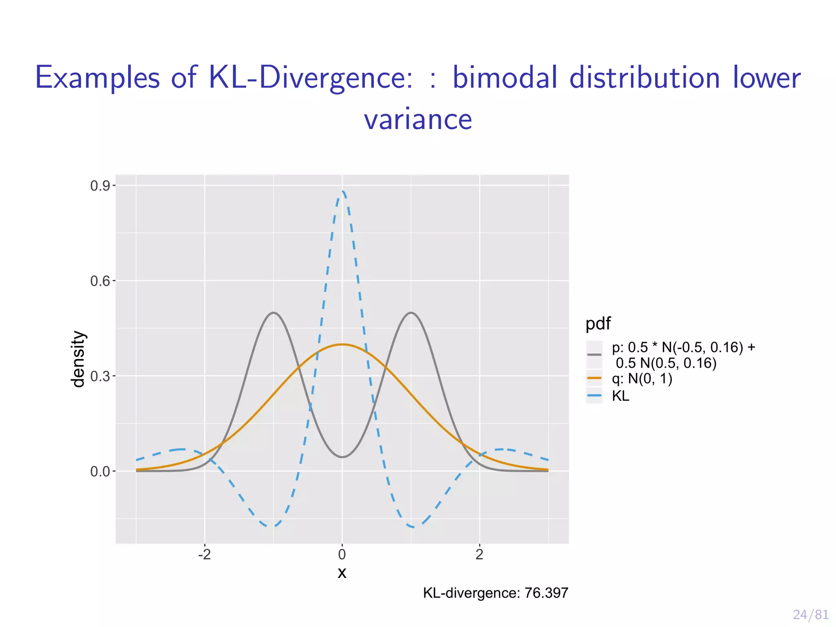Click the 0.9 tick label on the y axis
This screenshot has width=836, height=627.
(x=100, y=186)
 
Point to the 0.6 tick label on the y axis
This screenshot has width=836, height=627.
(x=100, y=281)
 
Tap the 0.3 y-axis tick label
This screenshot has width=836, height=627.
(x=100, y=376)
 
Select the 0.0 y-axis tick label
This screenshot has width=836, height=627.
(x=100, y=472)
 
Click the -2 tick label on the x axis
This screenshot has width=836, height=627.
(x=204, y=554)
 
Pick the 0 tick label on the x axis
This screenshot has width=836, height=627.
(x=342, y=554)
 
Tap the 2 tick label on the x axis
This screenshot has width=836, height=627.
(x=480, y=554)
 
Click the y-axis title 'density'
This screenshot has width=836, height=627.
(x=78, y=359)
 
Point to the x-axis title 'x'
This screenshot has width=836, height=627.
(x=342, y=573)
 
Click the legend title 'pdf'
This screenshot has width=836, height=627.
(x=598, y=324)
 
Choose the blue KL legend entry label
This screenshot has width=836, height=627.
(x=620, y=396)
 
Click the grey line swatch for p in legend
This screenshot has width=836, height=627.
(x=594, y=354)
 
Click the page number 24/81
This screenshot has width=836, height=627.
(x=811, y=614)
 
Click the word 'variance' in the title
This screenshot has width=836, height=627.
(x=418, y=119)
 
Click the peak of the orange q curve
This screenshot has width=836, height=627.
(x=342, y=344)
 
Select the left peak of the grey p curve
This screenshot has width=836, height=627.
(x=273, y=313)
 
